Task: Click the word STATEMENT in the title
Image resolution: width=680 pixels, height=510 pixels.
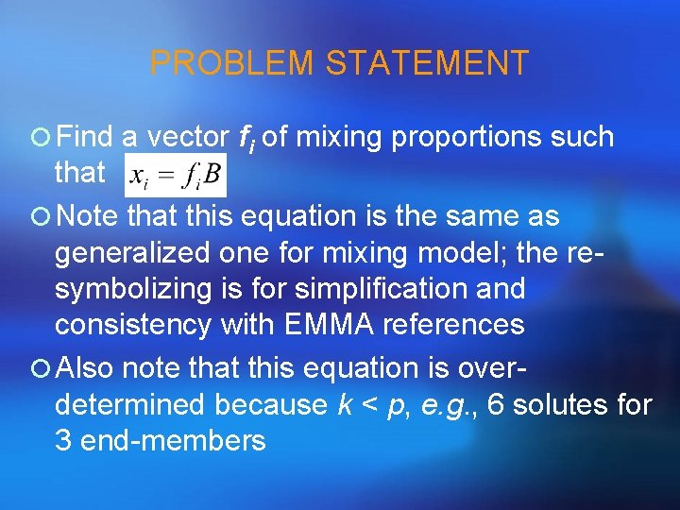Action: point(427,63)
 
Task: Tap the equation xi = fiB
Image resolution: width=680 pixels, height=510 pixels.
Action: point(174,175)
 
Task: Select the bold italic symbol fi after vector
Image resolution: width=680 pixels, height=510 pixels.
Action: point(247,139)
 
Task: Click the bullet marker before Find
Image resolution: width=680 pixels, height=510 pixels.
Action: point(40,138)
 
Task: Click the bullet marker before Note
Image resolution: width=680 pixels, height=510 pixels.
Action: point(40,217)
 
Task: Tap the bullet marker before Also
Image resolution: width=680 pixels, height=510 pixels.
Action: point(40,368)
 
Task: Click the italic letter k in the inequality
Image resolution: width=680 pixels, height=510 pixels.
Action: point(345,404)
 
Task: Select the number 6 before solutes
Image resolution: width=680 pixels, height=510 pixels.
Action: point(497,404)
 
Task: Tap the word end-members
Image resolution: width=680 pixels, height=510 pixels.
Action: point(173,440)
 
